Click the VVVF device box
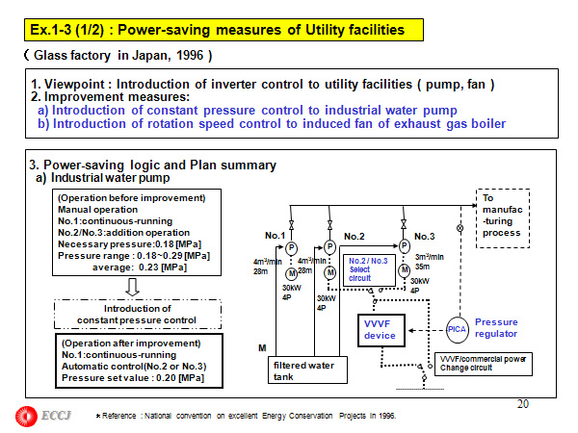coord(381,329)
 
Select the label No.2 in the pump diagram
coord(354,236)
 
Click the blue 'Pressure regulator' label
coord(496,328)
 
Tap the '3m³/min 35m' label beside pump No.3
coord(429,262)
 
